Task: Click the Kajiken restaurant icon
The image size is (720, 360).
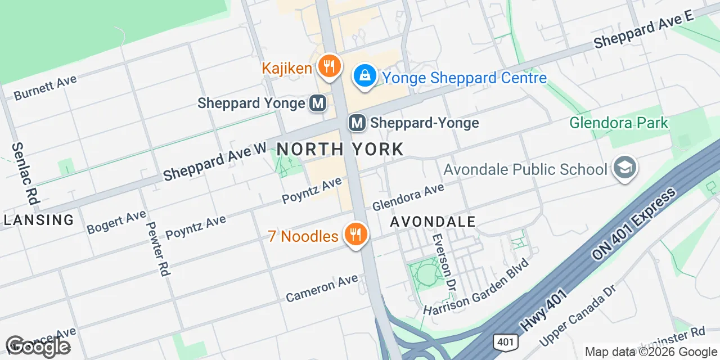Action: click(x=327, y=67)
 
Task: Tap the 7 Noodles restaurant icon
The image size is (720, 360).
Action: click(x=355, y=234)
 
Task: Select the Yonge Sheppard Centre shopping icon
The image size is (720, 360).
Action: click(x=365, y=75)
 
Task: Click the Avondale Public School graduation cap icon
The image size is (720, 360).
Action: click(x=624, y=168)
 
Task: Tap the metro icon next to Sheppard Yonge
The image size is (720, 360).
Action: click(x=318, y=103)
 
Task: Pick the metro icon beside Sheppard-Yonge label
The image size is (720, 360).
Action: click(x=357, y=123)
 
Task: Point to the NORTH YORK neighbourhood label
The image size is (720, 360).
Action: click(x=340, y=149)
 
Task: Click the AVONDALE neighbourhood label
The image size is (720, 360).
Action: click(x=433, y=221)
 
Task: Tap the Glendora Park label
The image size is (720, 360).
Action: click(x=619, y=123)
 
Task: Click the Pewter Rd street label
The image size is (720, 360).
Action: click(x=157, y=248)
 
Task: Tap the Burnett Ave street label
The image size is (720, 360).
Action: click(x=45, y=88)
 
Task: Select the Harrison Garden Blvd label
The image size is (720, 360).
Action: click(x=476, y=287)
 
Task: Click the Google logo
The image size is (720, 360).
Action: click(x=38, y=346)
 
